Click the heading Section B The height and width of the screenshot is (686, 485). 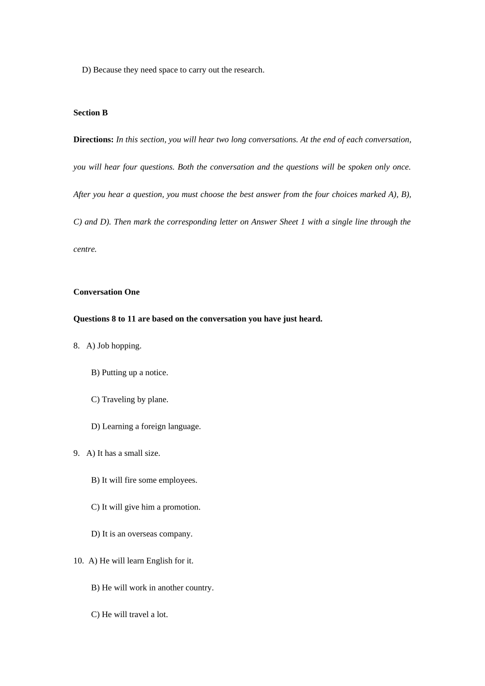pyautogui.click(x=90, y=113)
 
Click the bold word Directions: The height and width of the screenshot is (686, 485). pyautogui.click(x=93, y=140)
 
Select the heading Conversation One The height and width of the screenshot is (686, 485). pyautogui.click(x=106, y=292)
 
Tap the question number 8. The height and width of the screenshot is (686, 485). pyautogui.click(x=77, y=346)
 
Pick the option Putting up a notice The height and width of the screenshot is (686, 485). pyautogui.click(x=130, y=373)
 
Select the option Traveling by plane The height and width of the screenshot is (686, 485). pyautogui.click(x=130, y=400)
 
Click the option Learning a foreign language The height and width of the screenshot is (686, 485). pyautogui.click(x=146, y=427)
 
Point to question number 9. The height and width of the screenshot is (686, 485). pyautogui.click(x=77, y=453)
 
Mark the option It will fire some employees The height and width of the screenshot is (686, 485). pyautogui.click(x=144, y=480)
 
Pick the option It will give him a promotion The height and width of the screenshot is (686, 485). pyautogui.click(x=145, y=507)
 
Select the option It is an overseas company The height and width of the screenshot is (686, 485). pyautogui.click(x=142, y=534)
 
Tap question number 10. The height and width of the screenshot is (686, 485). pyautogui.click(x=78, y=561)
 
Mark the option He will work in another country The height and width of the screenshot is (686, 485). pyautogui.click(x=152, y=588)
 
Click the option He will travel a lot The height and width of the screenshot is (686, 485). pyautogui.click(x=130, y=615)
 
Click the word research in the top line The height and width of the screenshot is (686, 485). pyautogui.click(x=248, y=70)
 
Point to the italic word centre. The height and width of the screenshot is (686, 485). pyautogui.click(x=85, y=250)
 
